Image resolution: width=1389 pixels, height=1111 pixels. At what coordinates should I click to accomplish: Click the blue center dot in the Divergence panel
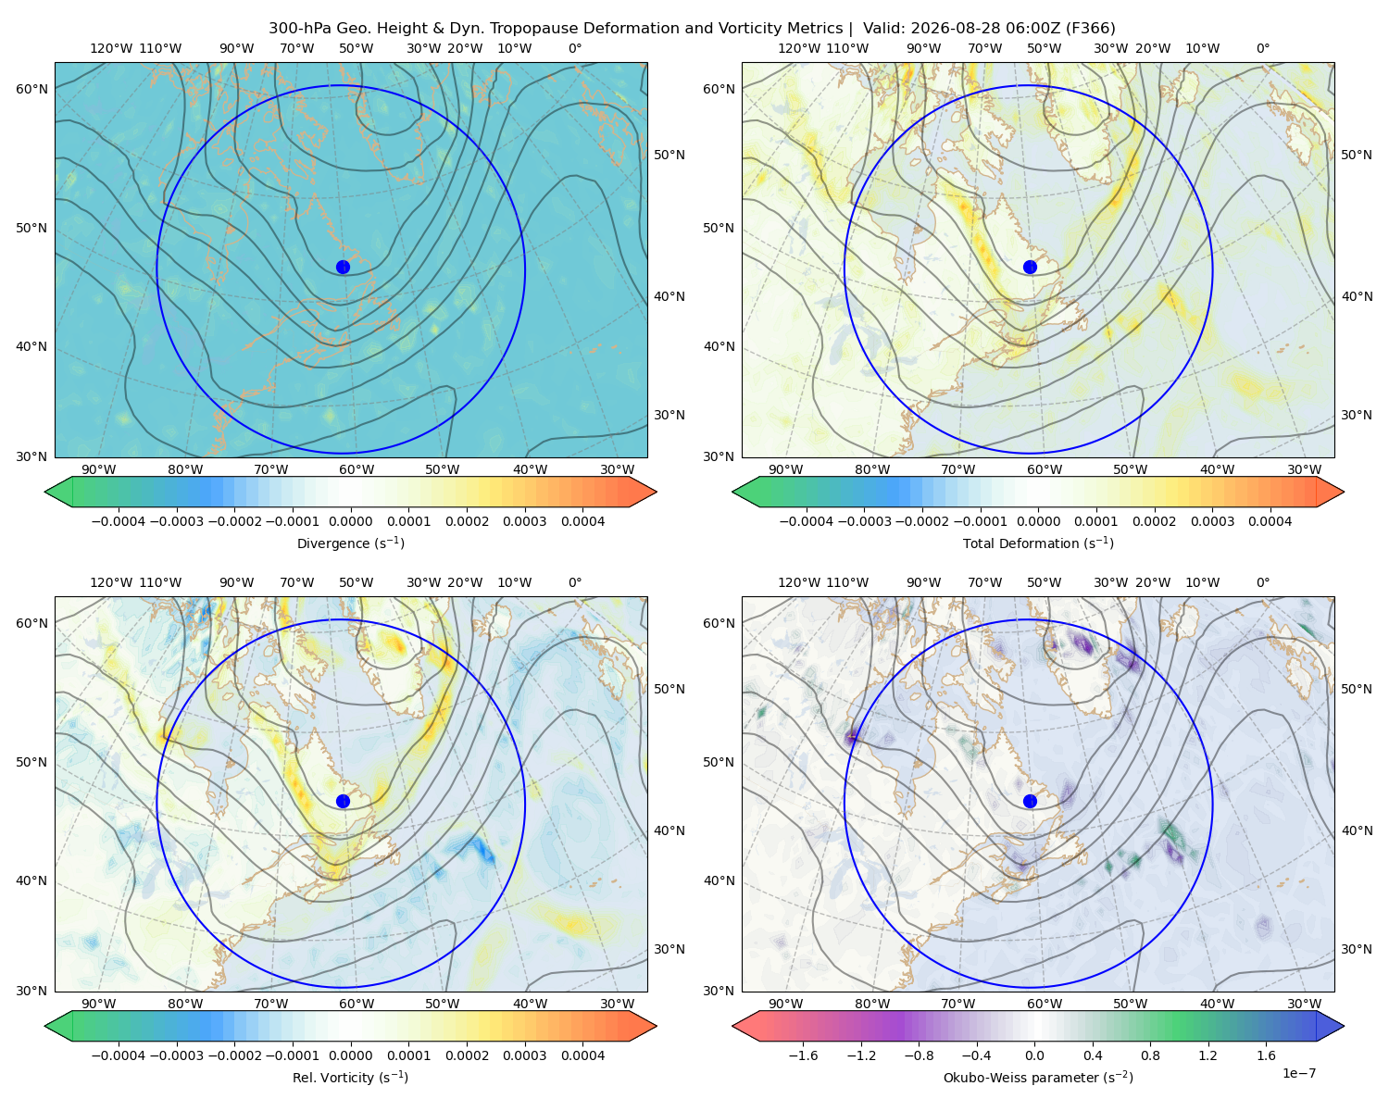pyautogui.click(x=343, y=267)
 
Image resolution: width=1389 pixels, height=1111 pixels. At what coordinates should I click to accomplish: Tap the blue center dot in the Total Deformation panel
pyautogui.click(x=1030, y=267)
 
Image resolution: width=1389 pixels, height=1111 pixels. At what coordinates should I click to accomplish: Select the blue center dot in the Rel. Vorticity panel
pyautogui.click(x=343, y=801)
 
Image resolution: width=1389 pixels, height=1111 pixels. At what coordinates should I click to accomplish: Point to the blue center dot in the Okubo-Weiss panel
pyautogui.click(x=1030, y=801)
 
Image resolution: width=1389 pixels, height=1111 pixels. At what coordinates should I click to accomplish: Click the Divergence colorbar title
pyautogui.click(x=350, y=543)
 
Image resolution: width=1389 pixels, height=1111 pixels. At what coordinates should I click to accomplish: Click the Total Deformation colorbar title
pyautogui.click(x=1038, y=543)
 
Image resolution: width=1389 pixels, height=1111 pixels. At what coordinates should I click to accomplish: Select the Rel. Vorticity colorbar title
pyautogui.click(x=350, y=1078)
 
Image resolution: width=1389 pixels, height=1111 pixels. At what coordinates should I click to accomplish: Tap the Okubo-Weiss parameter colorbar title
pyautogui.click(x=1038, y=1078)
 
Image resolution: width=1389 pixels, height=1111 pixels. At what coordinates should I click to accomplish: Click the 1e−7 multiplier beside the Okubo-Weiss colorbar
pyautogui.click(x=1298, y=1073)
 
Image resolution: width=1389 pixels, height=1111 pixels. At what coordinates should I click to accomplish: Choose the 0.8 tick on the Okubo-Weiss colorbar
pyautogui.click(x=1150, y=1055)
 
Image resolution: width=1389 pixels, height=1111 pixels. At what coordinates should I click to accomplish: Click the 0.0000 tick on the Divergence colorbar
pyautogui.click(x=350, y=521)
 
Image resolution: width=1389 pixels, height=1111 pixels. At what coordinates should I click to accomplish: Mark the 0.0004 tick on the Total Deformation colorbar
pyautogui.click(x=1270, y=521)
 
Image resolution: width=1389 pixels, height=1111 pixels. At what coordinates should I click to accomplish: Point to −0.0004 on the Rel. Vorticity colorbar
pyautogui.click(x=119, y=1055)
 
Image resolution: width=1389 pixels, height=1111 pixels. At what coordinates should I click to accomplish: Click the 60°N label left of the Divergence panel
pyautogui.click(x=31, y=89)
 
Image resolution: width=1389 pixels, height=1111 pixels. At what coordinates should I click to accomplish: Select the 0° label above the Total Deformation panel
pyautogui.click(x=1262, y=48)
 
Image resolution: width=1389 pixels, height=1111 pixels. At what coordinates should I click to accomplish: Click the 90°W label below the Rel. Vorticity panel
pyautogui.click(x=99, y=1004)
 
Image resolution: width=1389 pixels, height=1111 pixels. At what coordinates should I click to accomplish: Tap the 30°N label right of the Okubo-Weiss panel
pyautogui.click(x=1357, y=949)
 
